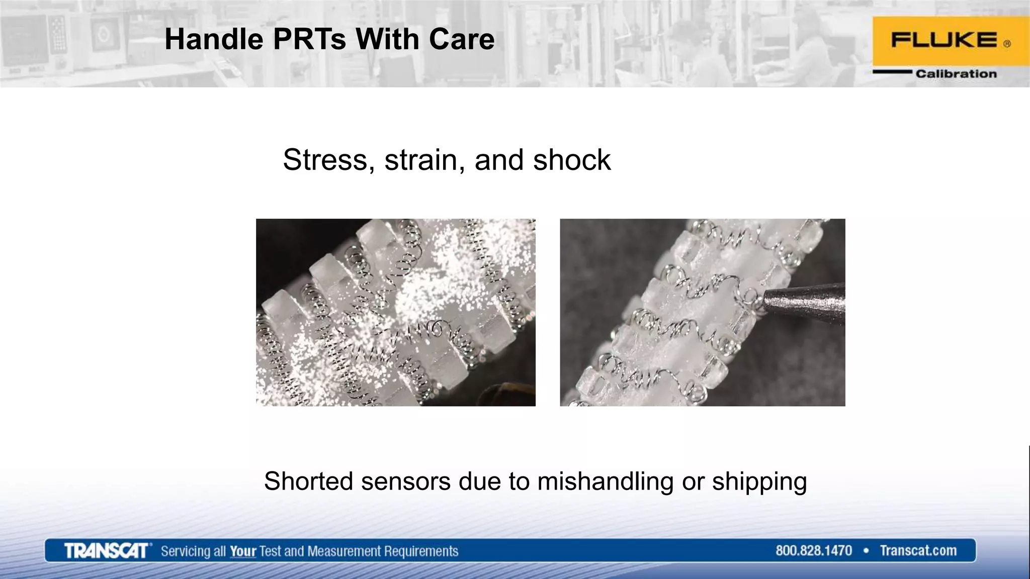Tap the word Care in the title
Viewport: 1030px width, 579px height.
coord(462,39)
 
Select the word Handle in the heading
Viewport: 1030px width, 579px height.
coord(214,39)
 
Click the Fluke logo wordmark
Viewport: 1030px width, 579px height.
coord(943,40)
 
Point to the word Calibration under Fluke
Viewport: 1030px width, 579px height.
coord(956,74)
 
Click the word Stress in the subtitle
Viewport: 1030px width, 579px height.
coord(325,160)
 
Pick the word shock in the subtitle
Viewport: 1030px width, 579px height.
coord(572,160)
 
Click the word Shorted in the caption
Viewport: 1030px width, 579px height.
coord(309,481)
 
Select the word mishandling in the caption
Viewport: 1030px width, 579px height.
coord(605,481)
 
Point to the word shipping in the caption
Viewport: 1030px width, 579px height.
coord(759,482)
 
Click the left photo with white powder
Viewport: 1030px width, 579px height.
coord(395,312)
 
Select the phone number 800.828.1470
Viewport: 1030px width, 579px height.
coord(813,551)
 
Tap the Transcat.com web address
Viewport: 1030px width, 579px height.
coord(918,551)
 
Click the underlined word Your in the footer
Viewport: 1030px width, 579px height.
coord(243,551)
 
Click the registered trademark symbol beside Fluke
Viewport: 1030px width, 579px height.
coord(1007,44)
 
